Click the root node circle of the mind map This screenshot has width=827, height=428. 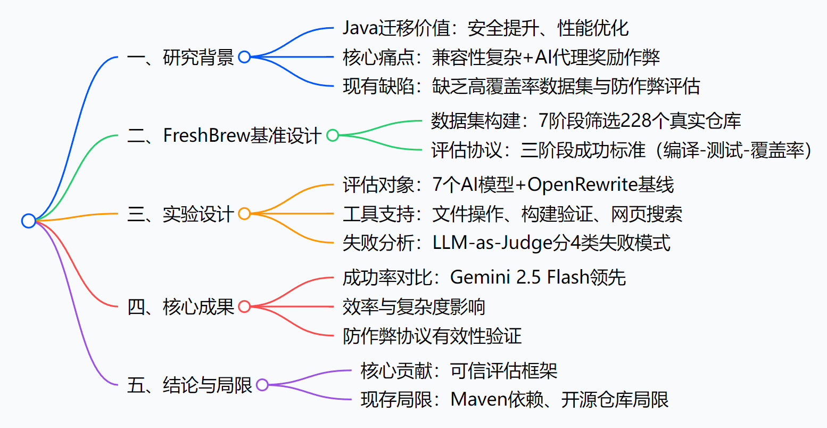coord(29,221)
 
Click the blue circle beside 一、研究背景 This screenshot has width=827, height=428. coord(244,57)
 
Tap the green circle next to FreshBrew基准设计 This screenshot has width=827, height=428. coord(333,135)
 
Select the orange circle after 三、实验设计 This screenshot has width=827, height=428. coord(244,214)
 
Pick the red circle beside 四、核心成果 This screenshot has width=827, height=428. coord(244,306)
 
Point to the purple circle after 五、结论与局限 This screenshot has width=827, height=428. coord(262,385)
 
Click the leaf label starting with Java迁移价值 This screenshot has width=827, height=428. coord(485,28)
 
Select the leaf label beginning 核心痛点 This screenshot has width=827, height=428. coord(501,58)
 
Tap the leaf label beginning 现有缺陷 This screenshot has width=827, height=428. coord(520,86)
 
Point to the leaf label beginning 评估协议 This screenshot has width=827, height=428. coord(622,150)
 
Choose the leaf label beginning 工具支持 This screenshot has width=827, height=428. coord(512,214)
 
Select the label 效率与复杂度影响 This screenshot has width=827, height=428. coord(413,306)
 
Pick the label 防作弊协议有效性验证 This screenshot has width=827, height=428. coord(432,336)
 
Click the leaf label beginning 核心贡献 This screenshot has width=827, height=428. coord(459,370)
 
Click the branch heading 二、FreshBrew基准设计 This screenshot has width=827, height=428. coord(224,135)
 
